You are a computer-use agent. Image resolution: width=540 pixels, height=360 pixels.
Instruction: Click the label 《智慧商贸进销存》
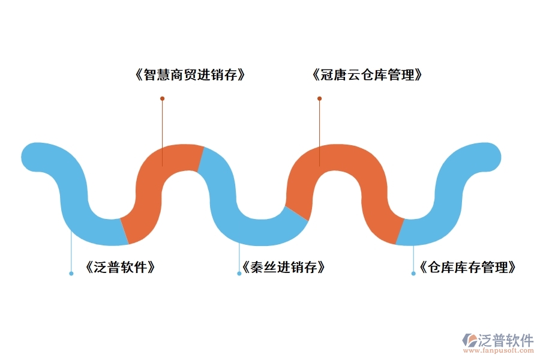191,76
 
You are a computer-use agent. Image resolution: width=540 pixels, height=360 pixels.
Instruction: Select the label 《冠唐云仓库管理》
367,76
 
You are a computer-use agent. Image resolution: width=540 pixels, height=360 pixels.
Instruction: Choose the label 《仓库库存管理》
467,268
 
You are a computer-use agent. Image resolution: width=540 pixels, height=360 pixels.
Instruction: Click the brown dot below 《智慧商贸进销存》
162,98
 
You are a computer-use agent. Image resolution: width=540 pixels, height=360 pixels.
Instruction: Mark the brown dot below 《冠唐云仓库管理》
319,98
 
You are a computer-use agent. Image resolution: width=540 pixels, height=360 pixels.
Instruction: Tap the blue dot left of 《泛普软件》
71,274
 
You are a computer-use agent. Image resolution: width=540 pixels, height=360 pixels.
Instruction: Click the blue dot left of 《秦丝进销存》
239,274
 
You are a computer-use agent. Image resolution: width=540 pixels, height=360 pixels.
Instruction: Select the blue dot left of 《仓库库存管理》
413,274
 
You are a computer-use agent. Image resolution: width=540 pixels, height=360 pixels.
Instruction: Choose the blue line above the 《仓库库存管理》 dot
413,258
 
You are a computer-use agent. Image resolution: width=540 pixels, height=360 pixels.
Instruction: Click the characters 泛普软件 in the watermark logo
506,340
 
